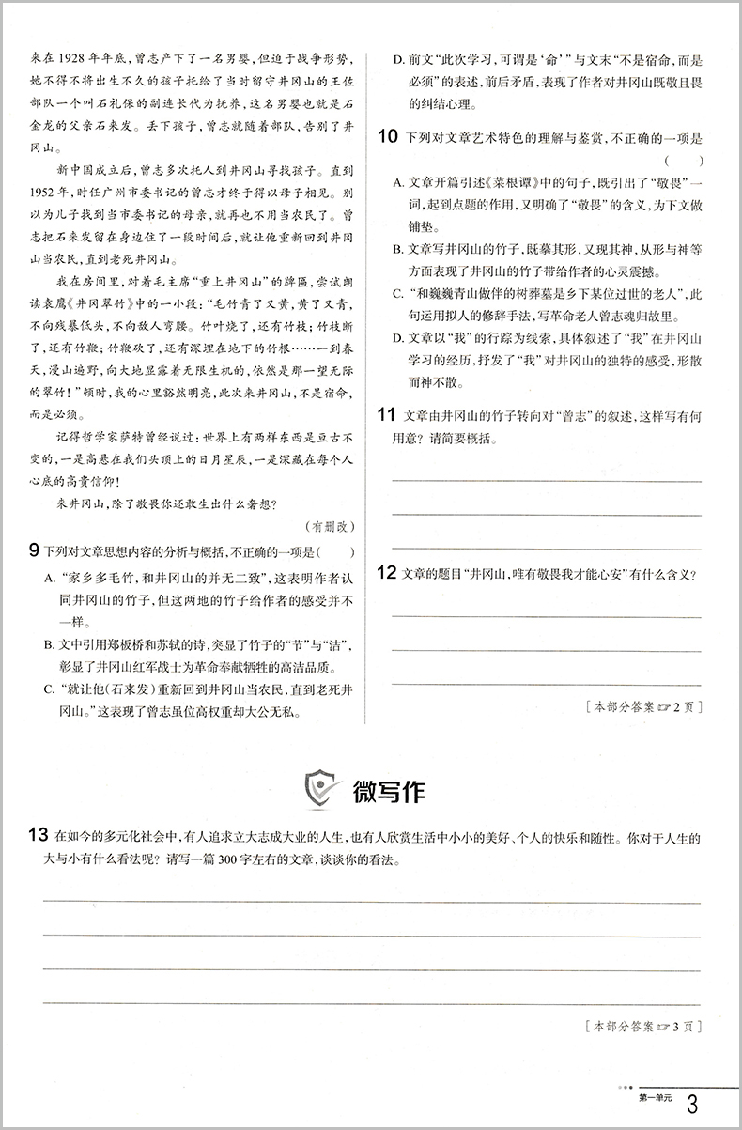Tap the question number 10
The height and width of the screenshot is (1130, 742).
385,137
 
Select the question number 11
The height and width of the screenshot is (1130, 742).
385,414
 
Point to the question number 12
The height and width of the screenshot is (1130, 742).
385,574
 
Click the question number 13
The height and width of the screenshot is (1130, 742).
38,835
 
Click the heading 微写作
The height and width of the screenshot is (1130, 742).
388,792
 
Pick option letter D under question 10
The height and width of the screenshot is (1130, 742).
398,337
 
